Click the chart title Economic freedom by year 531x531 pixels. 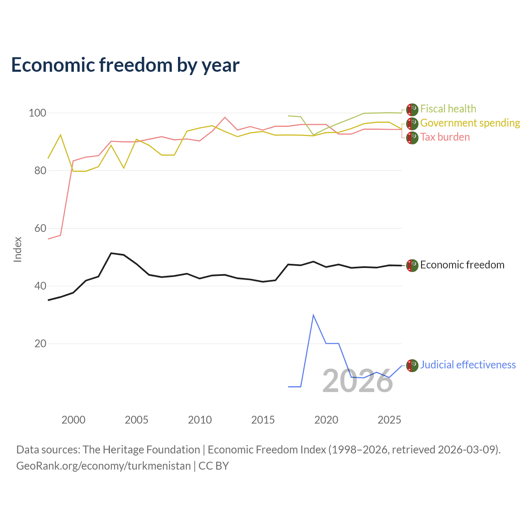coord(125,65)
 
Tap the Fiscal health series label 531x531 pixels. coord(448,109)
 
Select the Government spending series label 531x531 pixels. coord(470,123)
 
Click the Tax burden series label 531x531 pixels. coord(445,137)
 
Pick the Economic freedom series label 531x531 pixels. coord(462,265)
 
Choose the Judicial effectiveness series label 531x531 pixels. coord(468,365)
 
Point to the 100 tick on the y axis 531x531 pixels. coord(37,113)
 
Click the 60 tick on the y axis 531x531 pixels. coord(40,228)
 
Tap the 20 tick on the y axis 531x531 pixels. coord(40,343)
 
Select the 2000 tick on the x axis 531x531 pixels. coord(73,420)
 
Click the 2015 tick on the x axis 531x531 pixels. coord(263,420)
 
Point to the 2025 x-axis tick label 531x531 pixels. coord(389,420)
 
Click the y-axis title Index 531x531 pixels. coord(18,249)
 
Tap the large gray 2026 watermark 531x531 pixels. coord(358,381)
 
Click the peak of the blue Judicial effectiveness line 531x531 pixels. coord(313,315)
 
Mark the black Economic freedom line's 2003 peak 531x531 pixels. coord(111,253)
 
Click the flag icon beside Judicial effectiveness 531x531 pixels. coord(412,365)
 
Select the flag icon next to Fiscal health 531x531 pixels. coord(412,110)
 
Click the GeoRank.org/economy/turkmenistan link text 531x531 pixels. coord(104,466)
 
